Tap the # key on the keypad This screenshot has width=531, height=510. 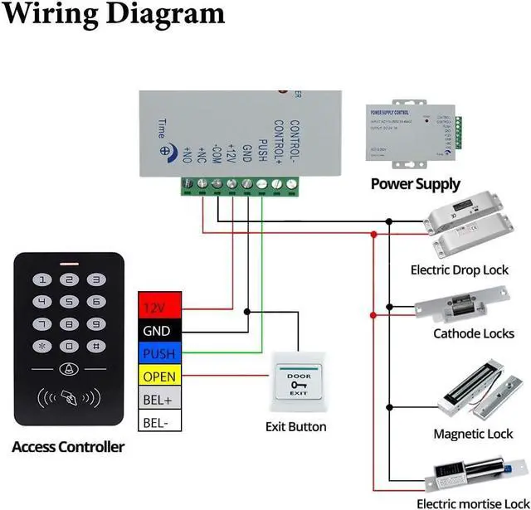tap(96, 345)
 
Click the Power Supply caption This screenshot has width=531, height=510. tap(415, 184)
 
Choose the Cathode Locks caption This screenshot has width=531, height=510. tap(473, 334)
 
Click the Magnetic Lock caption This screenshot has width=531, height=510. tap(473, 434)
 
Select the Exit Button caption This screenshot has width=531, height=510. tap(296, 427)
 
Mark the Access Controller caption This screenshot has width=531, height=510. tap(68, 447)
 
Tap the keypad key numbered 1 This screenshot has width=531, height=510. tap(43, 280)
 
